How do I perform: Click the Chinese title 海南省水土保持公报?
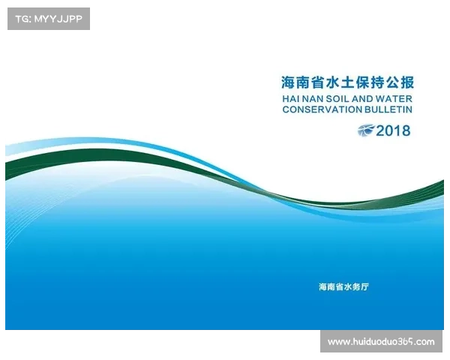point(347,82)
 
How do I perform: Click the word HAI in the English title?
point(291,97)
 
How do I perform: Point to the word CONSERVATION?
point(322,109)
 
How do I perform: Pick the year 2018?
point(394,130)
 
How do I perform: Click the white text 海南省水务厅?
point(343,287)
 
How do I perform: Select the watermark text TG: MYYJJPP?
point(48,18)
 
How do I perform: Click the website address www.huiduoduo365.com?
point(381,342)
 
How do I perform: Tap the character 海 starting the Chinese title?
point(288,82)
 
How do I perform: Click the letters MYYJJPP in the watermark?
point(58,18)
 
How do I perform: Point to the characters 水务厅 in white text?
point(355,287)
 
